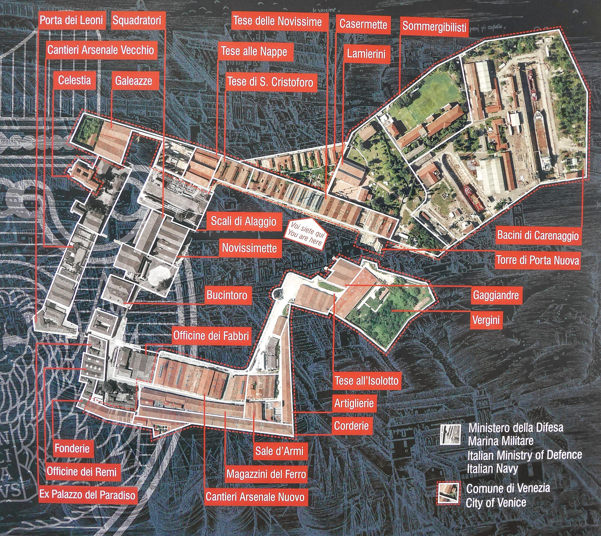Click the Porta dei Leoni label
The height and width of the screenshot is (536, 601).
71,20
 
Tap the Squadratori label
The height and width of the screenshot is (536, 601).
137,20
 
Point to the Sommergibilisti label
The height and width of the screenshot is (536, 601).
434,27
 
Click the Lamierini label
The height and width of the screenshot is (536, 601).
366,53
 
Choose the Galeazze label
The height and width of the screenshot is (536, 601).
133,80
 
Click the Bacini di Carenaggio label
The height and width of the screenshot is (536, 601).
538,236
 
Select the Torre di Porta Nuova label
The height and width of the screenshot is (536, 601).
538,260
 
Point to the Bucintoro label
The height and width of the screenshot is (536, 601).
227,295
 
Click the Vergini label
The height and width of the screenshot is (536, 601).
486,320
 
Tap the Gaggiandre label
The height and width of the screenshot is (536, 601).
496,295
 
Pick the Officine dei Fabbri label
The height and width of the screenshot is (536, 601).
211,335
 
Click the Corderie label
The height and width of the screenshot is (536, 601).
351,426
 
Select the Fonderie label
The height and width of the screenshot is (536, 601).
72,448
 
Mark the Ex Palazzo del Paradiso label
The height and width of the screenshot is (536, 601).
87,495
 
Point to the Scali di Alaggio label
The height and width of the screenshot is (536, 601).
243,221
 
